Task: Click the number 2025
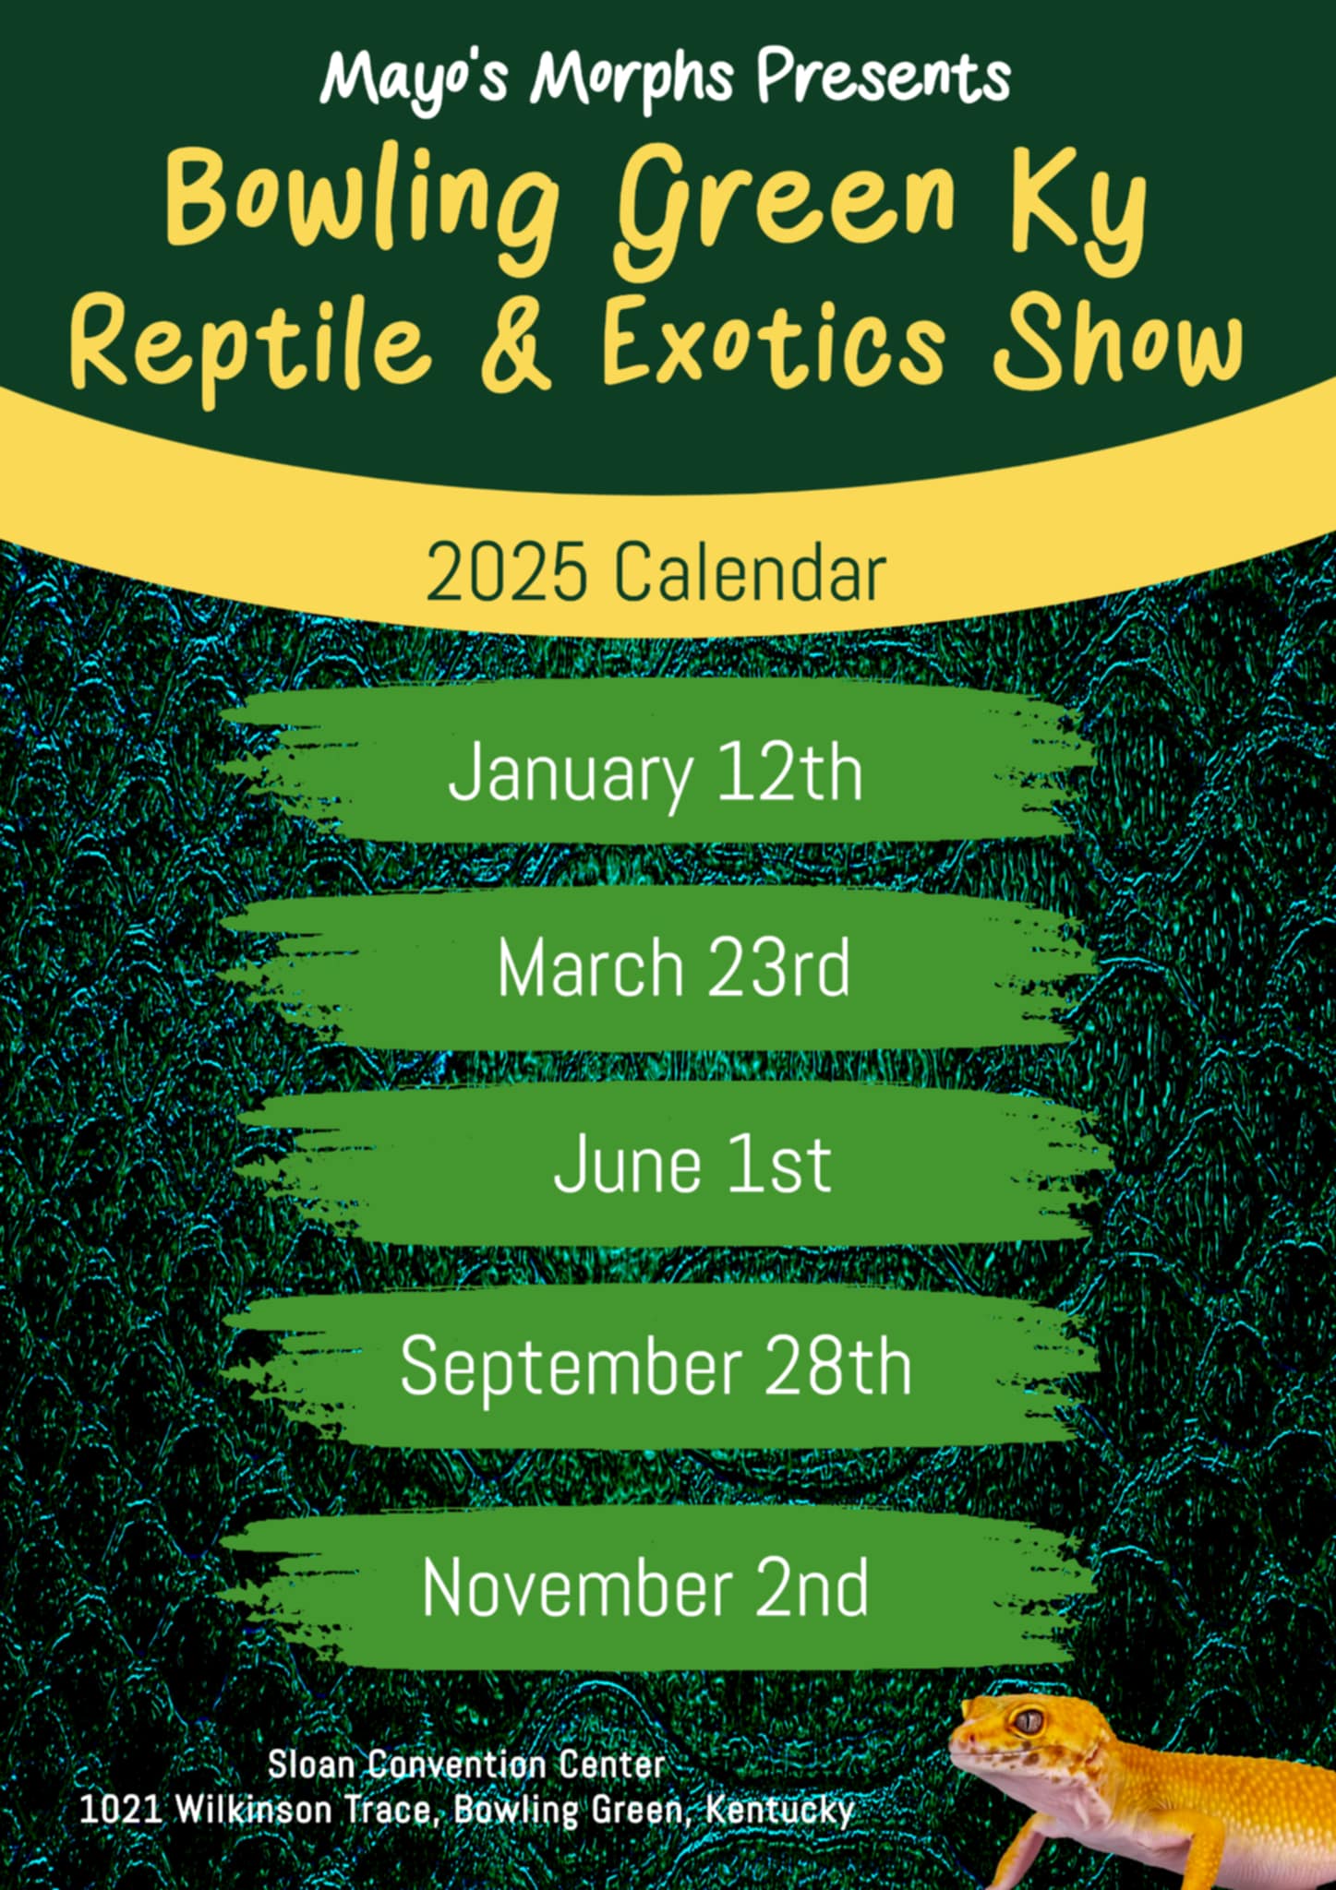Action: (x=506, y=571)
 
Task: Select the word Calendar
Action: (x=749, y=571)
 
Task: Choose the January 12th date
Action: (x=656, y=773)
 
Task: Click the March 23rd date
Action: (x=673, y=967)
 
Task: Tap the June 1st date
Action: (x=692, y=1164)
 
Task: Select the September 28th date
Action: (x=656, y=1367)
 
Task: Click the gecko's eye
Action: (x=1028, y=1721)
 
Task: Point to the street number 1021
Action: (x=121, y=1810)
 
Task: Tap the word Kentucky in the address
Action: (x=780, y=1810)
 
